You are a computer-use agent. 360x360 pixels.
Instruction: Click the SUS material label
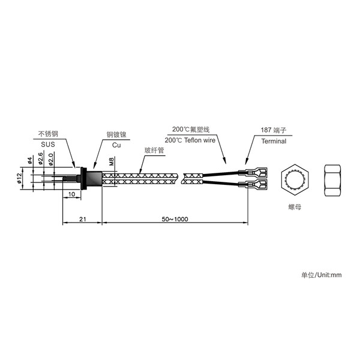(48, 145)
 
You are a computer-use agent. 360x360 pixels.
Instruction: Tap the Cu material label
(116, 145)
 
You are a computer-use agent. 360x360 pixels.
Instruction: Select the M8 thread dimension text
(111, 161)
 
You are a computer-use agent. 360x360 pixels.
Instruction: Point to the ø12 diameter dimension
(19, 178)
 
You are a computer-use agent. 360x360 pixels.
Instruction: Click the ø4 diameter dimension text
(29, 161)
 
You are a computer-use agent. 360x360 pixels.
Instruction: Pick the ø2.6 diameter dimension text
(40, 158)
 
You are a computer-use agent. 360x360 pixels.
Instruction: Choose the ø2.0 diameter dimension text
(50, 159)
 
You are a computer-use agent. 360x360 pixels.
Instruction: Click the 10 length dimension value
(71, 194)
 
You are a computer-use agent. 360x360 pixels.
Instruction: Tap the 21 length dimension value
(83, 219)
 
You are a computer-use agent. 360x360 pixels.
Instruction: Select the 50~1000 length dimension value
(175, 219)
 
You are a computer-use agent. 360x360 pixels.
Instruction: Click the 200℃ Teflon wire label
(190, 140)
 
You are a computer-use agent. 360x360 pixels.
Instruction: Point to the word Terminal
(274, 141)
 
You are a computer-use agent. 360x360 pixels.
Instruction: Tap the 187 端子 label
(274, 130)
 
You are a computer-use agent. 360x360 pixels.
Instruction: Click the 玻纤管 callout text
(154, 151)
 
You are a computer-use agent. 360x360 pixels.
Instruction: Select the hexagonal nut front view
(295, 180)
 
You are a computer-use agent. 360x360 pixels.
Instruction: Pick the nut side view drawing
(332, 181)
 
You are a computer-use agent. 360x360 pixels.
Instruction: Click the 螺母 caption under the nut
(295, 207)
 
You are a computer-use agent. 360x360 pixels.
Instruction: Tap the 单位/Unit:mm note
(321, 275)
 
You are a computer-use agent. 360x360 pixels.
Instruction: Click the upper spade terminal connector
(253, 172)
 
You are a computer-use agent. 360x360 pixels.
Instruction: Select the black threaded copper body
(94, 179)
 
